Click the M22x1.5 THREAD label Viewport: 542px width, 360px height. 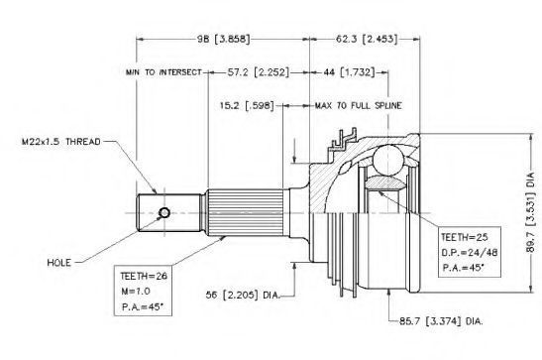point(60,142)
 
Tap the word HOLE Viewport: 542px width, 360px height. point(59,263)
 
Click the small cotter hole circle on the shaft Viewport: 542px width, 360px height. point(164,213)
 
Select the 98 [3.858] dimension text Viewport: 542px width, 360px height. point(223,39)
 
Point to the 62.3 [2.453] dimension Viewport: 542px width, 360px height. point(367,39)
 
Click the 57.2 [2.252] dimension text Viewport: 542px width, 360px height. point(258,72)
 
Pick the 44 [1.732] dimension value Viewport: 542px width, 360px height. point(349,72)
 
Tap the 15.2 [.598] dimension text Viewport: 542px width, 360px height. point(247,105)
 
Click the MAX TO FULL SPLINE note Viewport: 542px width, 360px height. point(358,105)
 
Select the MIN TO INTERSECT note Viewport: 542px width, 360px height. point(163,72)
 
